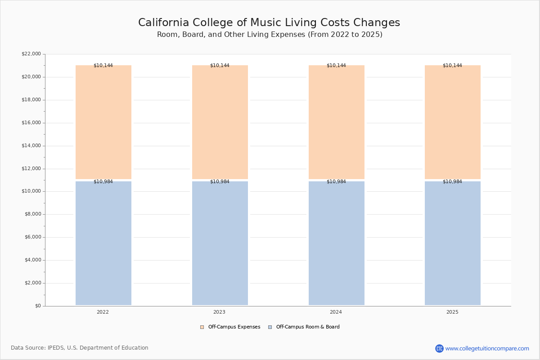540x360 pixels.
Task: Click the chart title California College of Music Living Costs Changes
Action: (x=269, y=22)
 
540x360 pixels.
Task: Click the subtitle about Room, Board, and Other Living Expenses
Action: (x=270, y=35)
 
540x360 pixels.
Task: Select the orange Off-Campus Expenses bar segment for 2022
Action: (x=103, y=122)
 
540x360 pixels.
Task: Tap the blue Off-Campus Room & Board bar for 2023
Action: (x=220, y=243)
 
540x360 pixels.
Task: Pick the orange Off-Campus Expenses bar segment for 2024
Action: (x=337, y=122)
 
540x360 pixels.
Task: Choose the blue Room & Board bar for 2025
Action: (x=453, y=243)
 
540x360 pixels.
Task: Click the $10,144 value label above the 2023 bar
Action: (x=220, y=65)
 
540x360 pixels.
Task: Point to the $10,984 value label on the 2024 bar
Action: (x=336, y=181)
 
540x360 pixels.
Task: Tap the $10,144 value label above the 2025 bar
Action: (x=452, y=65)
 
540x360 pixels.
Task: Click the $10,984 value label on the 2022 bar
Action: (x=103, y=181)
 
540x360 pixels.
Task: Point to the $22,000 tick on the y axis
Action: (x=31, y=54)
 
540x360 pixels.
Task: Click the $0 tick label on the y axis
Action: (x=38, y=306)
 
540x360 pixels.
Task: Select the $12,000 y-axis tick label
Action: (x=31, y=169)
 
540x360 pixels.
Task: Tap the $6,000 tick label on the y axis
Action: (x=33, y=237)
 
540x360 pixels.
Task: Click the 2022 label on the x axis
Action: (x=103, y=312)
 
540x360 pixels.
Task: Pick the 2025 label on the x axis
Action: (x=452, y=312)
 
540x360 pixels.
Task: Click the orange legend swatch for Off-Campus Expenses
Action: (x=202, y=327)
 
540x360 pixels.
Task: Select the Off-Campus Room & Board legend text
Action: (x=308, y=327)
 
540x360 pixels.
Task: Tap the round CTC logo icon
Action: (x=439, y=348)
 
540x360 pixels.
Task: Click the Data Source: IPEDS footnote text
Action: (x=80, y=348)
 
